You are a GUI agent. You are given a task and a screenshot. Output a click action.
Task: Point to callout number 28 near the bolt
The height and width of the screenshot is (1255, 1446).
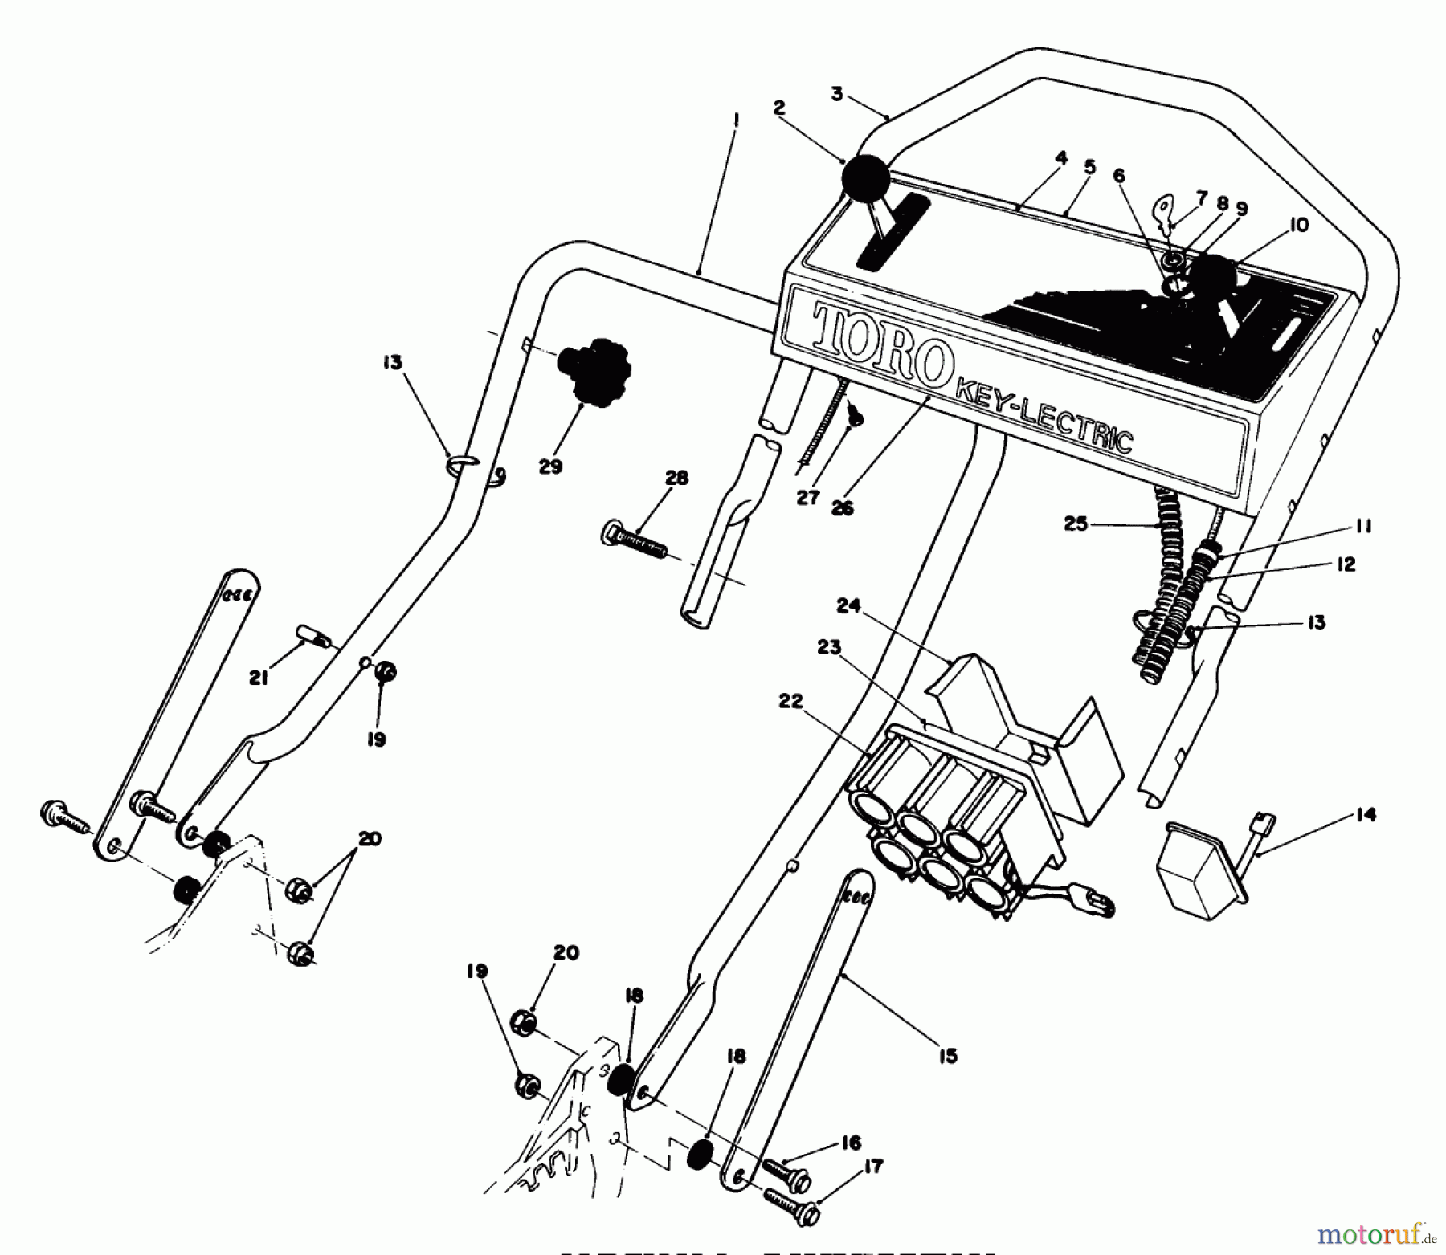(x=676, y=479)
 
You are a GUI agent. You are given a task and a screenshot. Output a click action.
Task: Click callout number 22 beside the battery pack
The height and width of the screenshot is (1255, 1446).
(x=790, y=702)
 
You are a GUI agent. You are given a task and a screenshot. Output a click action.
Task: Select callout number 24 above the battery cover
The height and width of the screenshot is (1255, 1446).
(x=849, y=606)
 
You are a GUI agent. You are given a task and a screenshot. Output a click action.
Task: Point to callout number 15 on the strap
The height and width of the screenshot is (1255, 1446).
(x=948, y=1056)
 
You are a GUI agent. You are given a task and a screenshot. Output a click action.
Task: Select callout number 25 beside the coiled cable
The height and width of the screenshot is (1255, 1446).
(x=1076, y=524)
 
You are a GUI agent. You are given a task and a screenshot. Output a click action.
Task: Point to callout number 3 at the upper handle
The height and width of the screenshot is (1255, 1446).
(x=836, y=94)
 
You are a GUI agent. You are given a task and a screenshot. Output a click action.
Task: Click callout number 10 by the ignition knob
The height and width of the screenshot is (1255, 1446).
(x=1299, y=225)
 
